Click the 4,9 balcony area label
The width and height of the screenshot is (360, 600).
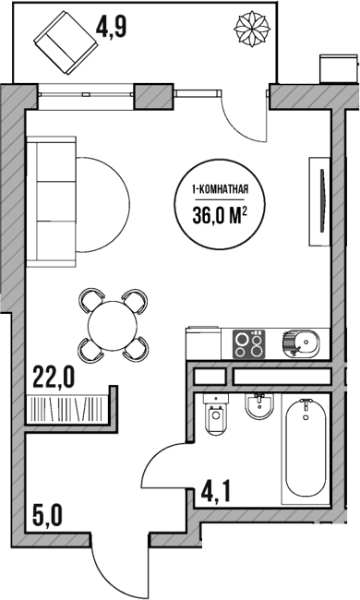(111, 26)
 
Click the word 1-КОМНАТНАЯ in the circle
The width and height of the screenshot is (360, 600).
(222, 191)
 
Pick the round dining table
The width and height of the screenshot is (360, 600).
(113, 324)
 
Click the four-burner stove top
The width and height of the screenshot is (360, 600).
(248, 343)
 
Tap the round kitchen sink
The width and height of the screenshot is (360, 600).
(301, 343)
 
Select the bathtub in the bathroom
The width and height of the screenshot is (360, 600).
(306, 449)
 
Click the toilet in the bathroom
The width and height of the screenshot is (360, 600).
(218, 417)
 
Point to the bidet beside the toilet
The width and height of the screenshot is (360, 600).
(258, 409)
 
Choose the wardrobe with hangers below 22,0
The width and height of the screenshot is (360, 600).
(69, 406)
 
